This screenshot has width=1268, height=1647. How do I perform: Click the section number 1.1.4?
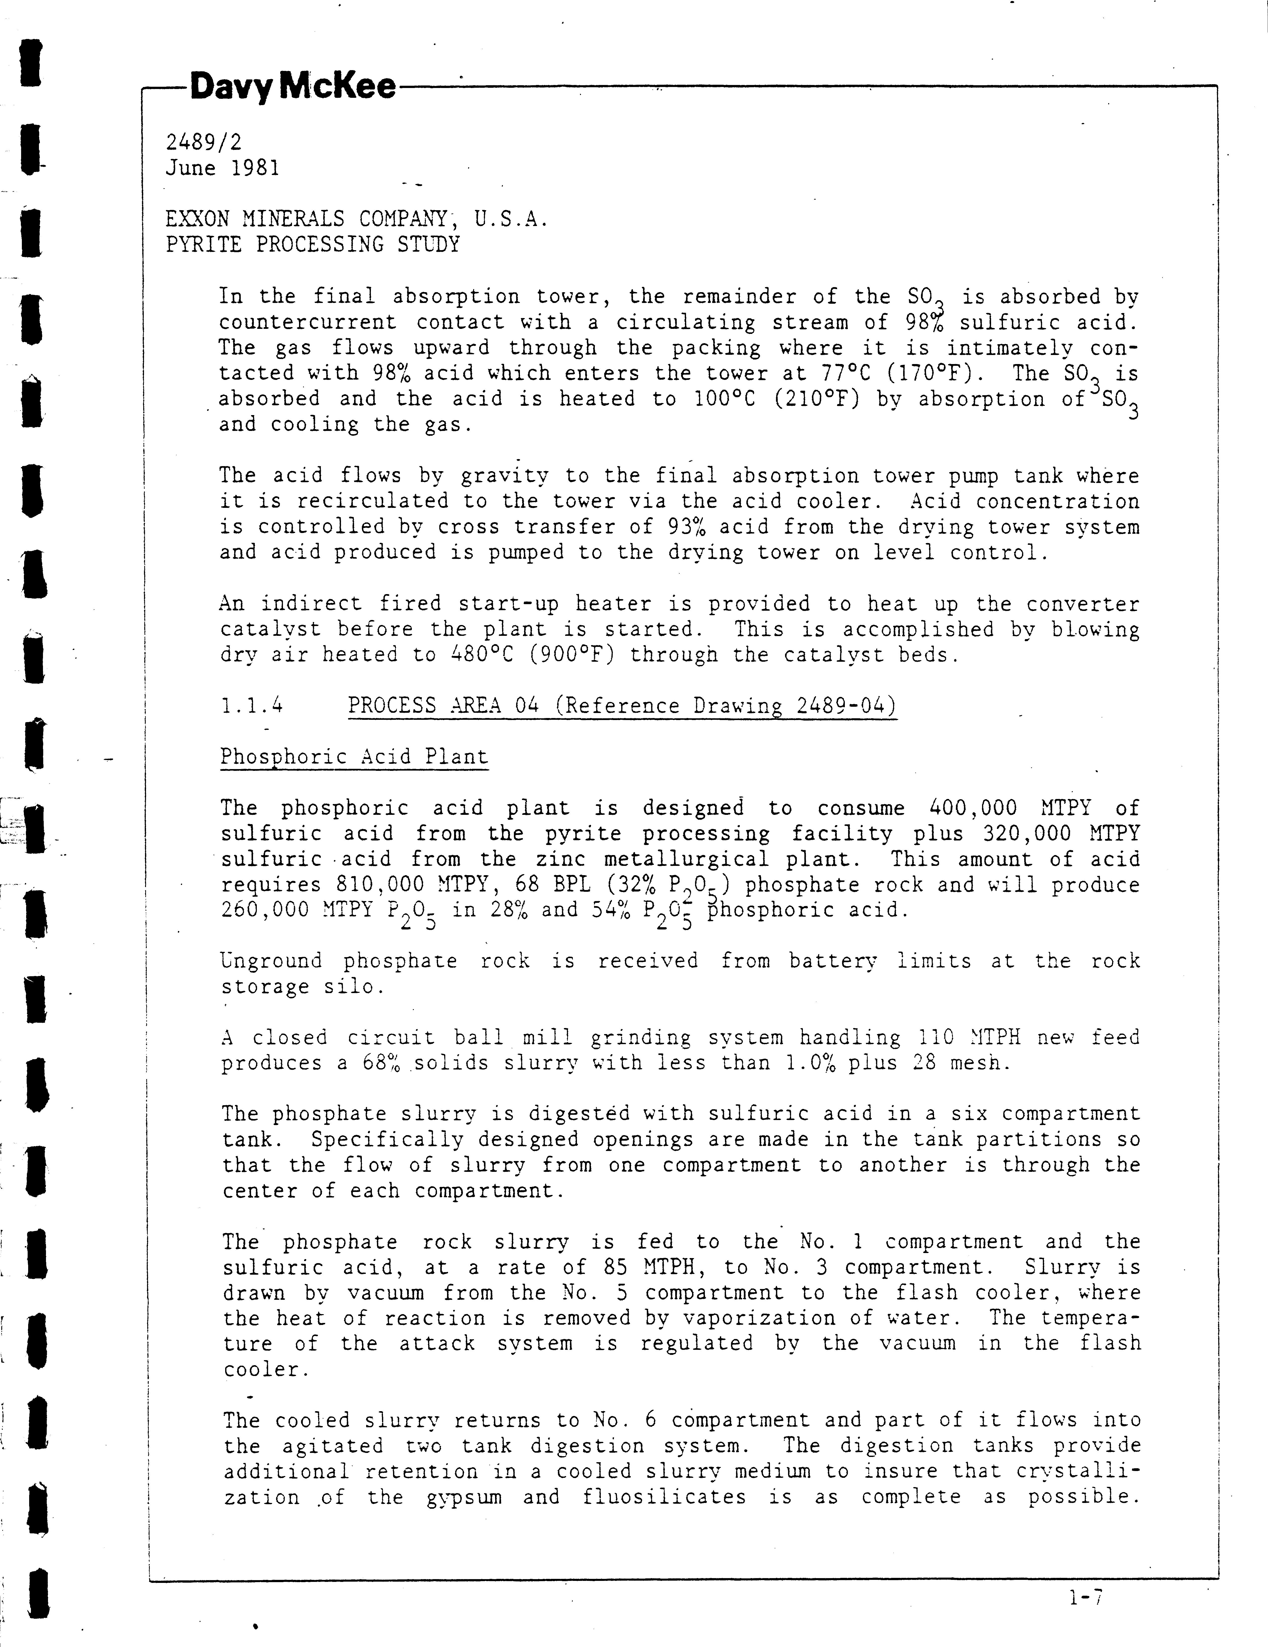pos(252,706)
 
